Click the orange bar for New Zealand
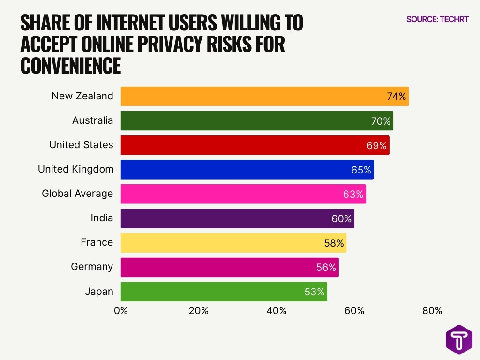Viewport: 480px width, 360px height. tap(253, 96)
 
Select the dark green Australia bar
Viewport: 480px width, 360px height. tap(244, 120)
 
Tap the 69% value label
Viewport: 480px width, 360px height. tap(376, 145)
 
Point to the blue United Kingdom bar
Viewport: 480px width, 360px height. tap(234, 170)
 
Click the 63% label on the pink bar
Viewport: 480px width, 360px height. tap(353, 194)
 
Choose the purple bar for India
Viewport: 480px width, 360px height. tap(225, 218)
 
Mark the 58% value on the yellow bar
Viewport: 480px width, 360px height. tap(334, 243)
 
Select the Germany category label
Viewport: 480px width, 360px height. tap(92, 267)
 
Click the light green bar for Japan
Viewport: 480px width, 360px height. tap(211, 292)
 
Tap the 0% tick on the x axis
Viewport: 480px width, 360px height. tap(121, 311)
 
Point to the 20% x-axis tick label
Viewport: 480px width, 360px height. tap(198, 311)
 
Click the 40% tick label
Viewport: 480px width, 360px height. tap(276, 311)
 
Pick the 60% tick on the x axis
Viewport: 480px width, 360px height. tap(354, 311)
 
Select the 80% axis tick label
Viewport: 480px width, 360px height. tap(432, 311)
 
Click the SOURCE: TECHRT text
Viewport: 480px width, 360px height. tap(437, 19)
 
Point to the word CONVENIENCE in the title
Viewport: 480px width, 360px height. tap(71, 66)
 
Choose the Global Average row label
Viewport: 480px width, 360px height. tap(77, 194)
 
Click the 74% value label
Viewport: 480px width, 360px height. tap(396, 96)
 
